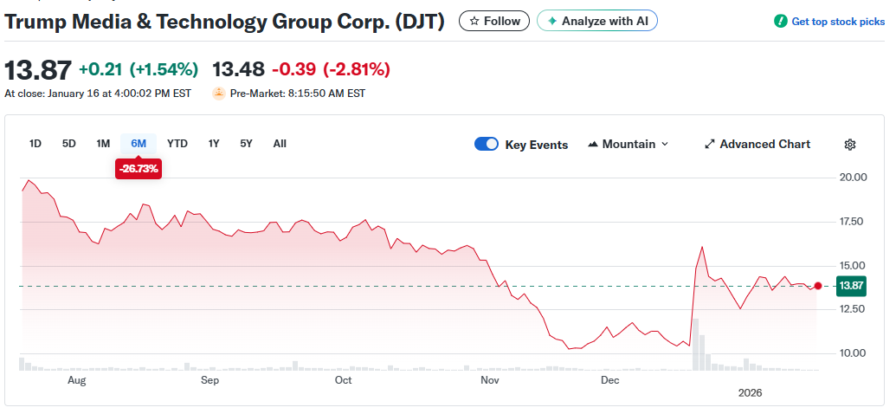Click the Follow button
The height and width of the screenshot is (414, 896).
[493, 21]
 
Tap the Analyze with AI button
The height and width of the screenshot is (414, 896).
[597, 21]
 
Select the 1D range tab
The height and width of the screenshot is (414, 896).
[35, 144]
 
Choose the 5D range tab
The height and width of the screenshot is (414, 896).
[69, 144]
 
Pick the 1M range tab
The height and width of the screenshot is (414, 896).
[103, 144]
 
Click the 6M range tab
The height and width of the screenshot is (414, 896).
[139, 144]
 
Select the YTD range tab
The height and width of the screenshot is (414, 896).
[177, 144]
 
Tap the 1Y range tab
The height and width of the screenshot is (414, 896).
[214, 144]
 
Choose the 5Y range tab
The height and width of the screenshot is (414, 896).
[247, 144]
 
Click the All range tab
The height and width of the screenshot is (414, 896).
[280, 144]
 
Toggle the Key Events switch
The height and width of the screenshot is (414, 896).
[487, 145]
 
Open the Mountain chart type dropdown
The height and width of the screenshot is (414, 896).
[628, 145]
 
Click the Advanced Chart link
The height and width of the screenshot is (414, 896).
[757, 145]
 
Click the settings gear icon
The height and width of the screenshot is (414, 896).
[850, 145]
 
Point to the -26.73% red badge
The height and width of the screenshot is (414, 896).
[139, 169]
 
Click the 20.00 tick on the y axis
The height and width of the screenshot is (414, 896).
[853, 178]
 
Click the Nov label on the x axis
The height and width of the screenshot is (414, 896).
[490, 379]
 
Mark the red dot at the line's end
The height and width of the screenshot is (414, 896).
[818, 286]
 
